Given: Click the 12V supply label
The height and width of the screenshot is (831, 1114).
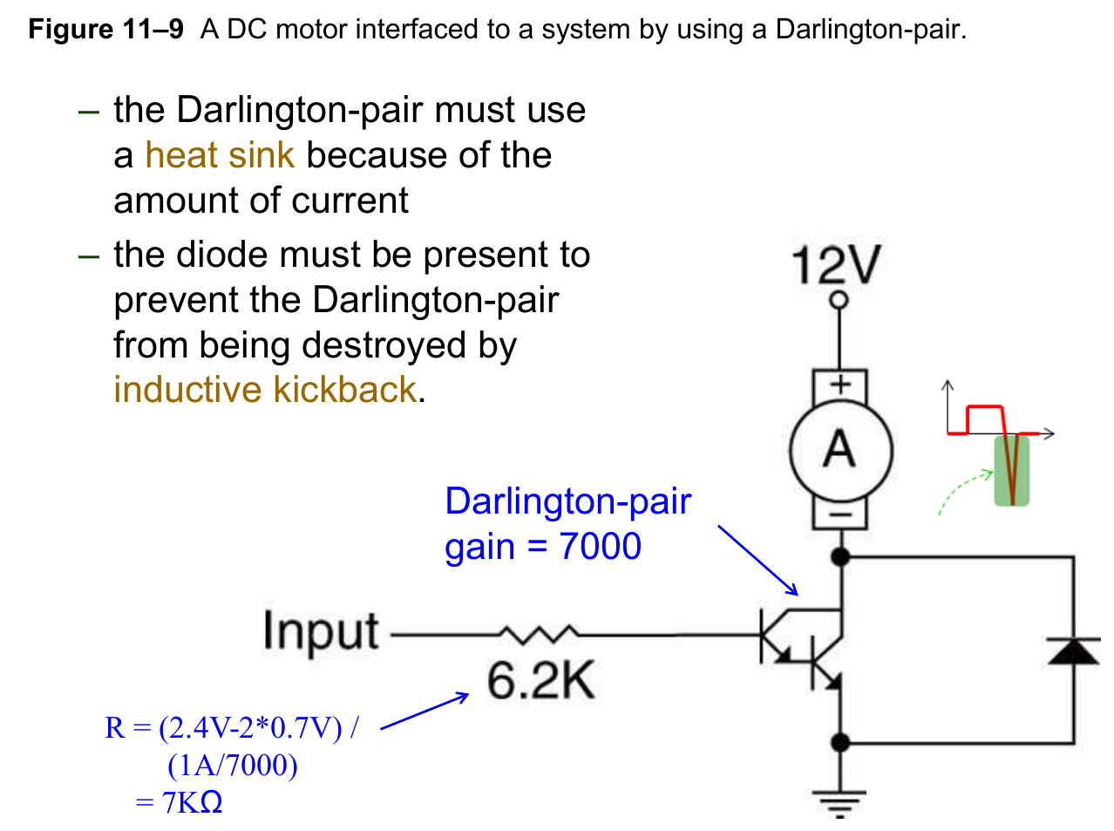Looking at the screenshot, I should pyautogui.click(x=836, y=265).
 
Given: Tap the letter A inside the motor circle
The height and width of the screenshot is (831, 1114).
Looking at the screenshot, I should pyautogui.click(x=839, y=450).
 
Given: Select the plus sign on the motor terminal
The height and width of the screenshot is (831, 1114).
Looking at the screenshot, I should pyautogui.click(x=839, y=384).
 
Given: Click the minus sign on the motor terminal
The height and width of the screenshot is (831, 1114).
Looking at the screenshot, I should pyautogui.click(x=839, y=515).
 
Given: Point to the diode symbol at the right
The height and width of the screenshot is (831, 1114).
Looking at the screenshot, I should pyautogui.click(x=1073, y=650).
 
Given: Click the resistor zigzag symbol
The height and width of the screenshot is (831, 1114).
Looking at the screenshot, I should pyautogui.click(x=538, y=634).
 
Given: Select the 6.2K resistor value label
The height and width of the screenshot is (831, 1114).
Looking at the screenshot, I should pyautogui.click(x=540, y=681).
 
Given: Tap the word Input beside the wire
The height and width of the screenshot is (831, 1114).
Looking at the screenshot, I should pyautogui.click(x=321, y=630).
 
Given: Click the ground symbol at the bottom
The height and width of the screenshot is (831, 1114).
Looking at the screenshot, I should pyautogui.click(x=839, y=802).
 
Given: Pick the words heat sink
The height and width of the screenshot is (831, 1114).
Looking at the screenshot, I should pyautogui.click(x=220, y=155).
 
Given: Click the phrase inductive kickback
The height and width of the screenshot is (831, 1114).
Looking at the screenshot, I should pyautogui.click(x=265, y=390).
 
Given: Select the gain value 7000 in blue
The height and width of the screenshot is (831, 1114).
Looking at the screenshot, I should pyautogui.click(x=601, y=547).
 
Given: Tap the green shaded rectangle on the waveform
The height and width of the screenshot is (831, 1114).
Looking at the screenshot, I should pyautogui.click(x=1012, y=471).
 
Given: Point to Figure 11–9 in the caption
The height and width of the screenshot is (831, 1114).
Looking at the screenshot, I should pyautogui.click(x=105, y=30).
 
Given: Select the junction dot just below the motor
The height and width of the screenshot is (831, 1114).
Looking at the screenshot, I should pyautogui.click(x=840, y=555).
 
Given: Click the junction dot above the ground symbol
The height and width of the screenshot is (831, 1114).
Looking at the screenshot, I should pyautogui.click(x=840, y=743).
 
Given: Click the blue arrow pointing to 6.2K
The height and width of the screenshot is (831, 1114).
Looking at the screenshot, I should pyautogui.click(x=425, y=711).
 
